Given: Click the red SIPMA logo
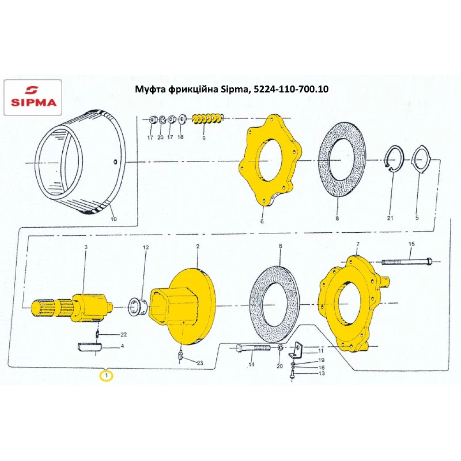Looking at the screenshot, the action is tap(34, 96).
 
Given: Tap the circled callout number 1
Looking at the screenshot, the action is tap(106, 375).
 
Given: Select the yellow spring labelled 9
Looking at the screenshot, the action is tap(207, 118).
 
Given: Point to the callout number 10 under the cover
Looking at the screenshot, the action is tap(113, 219).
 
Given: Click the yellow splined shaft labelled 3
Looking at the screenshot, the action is tap(72, 307).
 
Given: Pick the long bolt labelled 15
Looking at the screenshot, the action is tap(407, 261).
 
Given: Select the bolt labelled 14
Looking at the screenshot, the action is tap(253, 349).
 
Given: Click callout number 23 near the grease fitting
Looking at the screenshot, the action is tap(200, 363).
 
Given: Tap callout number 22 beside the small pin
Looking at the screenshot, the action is tap(124, 335).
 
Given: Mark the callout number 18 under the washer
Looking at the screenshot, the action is tap(180, 137).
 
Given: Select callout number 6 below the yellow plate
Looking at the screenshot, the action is tap(262, 221).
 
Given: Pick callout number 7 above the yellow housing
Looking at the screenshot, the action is tap(358, 244).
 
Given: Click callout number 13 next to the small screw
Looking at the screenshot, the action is tap(321, 373).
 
